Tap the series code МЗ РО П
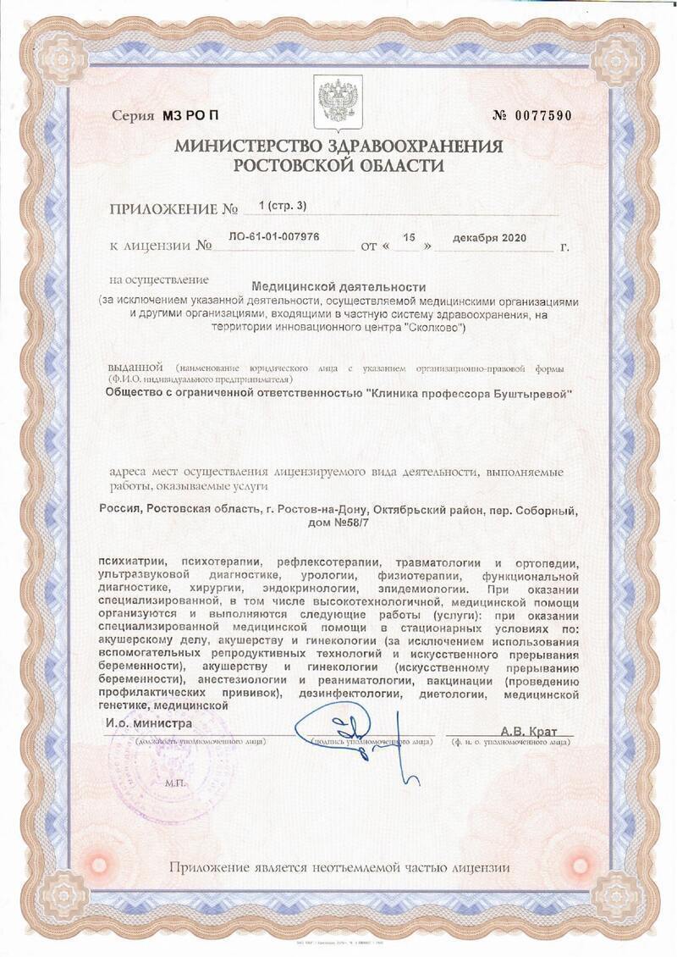pyautogui.click(x=194, y=116)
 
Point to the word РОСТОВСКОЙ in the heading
pyautogui.click(x=292, y=165)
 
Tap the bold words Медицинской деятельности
pyautogui.click(x=338, y=287)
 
